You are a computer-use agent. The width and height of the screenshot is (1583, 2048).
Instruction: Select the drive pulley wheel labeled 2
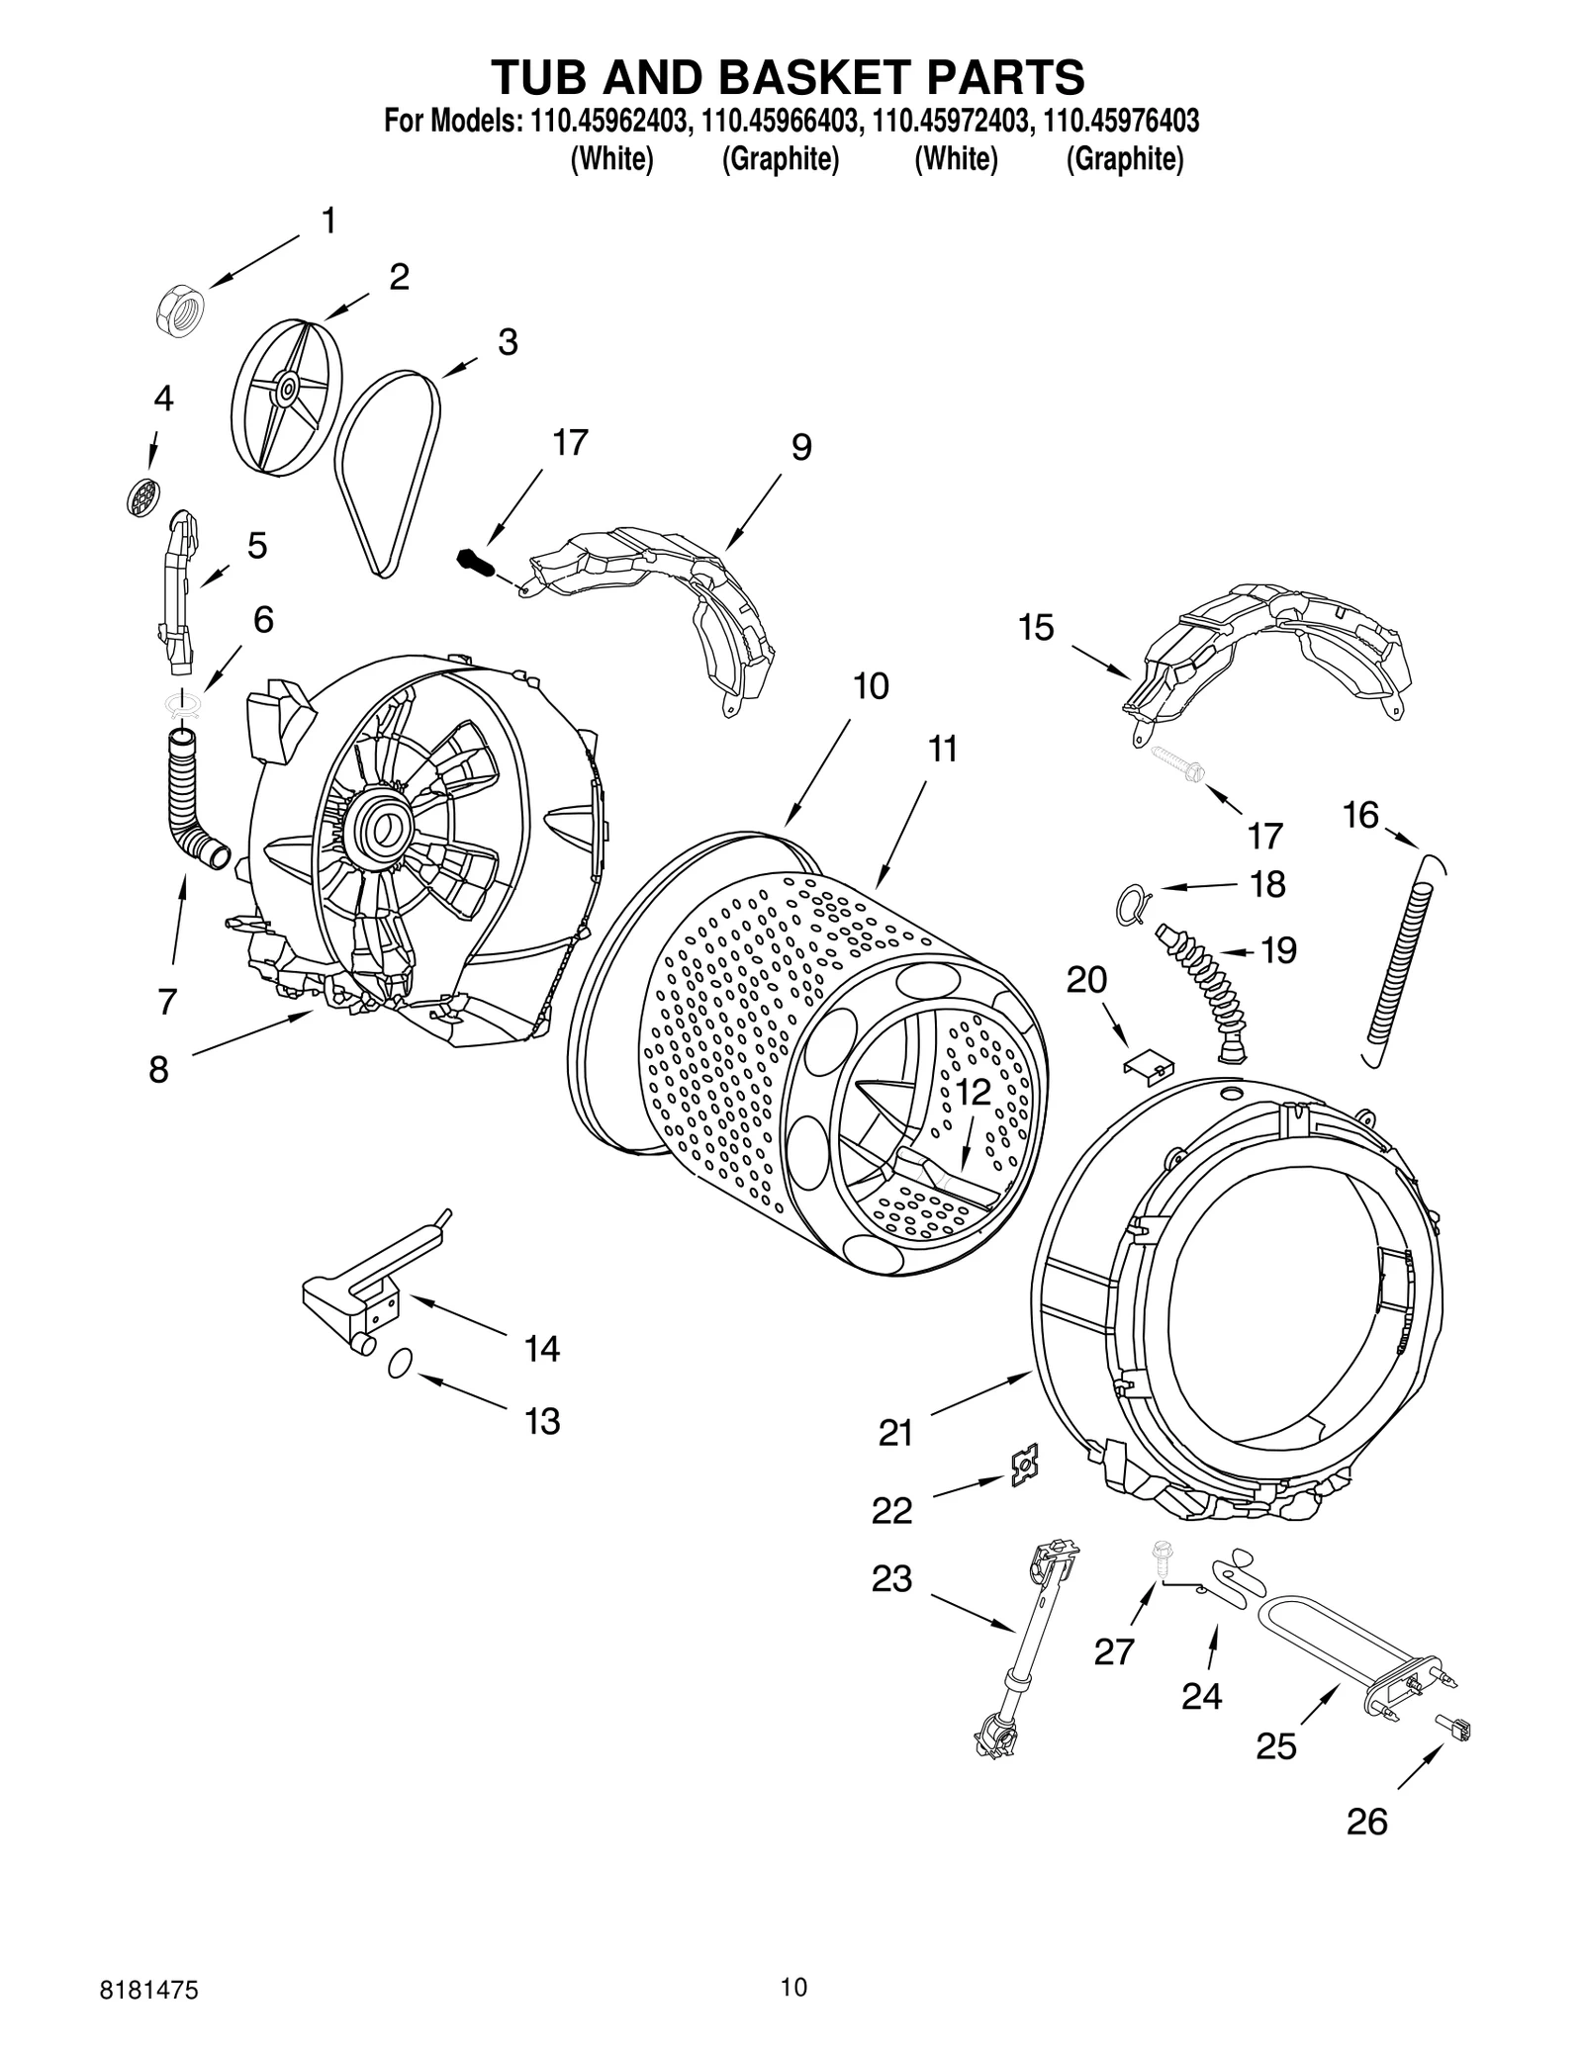tap(285, 390)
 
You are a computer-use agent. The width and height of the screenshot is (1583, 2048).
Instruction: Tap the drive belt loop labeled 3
tap(387, 470)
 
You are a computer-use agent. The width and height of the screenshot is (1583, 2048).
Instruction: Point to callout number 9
tap(800, 448)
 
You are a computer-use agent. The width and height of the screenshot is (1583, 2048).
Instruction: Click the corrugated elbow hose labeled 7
tap(192, 802)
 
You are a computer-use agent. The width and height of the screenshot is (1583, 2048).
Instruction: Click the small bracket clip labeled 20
tap(1147, 1064)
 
